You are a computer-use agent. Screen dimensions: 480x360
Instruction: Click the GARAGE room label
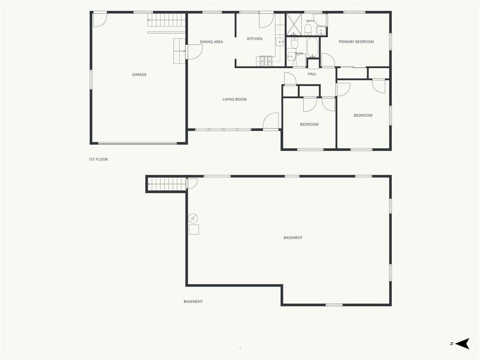pos(139,75)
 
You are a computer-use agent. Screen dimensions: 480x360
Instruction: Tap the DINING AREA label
pos(211,42)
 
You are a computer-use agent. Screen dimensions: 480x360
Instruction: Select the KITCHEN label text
pos(255,38)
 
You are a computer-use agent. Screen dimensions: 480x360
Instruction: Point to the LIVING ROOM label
pos(234,99)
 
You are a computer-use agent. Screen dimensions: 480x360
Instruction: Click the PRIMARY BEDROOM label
pos(356,42)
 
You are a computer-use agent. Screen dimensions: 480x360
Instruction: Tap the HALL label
pos(312,74)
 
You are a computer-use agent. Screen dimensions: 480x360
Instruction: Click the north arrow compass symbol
pos(462,344)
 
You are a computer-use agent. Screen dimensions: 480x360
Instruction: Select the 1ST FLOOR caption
pos(98,159)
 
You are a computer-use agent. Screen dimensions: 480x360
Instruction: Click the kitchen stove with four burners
pos(266,61)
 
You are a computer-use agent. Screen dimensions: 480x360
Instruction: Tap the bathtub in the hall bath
pos(313,48)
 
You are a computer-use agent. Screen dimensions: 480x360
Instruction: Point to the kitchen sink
pos(280,41)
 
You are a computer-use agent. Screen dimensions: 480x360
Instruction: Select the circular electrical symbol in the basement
pos(193,218)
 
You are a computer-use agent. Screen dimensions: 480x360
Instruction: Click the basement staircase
pos(167,184)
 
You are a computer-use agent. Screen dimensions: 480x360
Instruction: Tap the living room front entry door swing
pos(271,121)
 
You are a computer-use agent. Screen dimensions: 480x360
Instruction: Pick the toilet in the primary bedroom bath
pos(308,30)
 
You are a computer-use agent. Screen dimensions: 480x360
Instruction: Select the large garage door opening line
pos(137,143)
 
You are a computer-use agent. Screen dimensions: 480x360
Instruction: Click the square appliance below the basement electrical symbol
pos(194,230)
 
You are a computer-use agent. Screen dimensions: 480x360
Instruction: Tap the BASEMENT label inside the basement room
pos(293,238)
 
